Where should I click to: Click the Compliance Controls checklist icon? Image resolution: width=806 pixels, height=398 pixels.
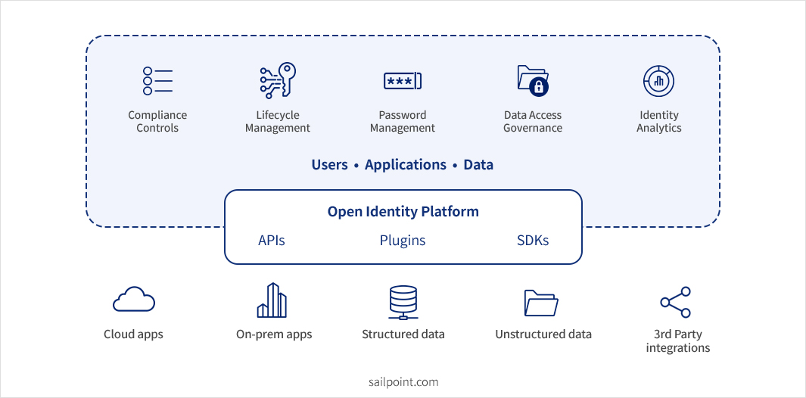(157, 81)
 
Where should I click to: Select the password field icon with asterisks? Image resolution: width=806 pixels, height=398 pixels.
(402, 81)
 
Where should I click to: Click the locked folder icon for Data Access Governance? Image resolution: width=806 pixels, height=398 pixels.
(533, 80)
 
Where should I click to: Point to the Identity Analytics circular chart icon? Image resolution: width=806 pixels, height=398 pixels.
(658, 81)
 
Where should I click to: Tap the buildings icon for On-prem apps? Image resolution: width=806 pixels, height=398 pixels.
(272, 300)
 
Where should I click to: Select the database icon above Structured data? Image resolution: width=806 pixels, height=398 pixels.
(403, 302)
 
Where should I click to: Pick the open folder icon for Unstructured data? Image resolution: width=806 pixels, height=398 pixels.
(541, 303)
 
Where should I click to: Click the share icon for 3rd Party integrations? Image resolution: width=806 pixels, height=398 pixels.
(676, 302)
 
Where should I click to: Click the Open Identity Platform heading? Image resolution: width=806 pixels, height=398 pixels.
(403, 211)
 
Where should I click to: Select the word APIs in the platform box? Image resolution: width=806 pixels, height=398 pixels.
(272, 241)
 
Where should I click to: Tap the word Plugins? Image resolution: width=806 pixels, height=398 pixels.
(403, 241)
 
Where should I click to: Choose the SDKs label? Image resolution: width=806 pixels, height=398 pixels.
(533, 241)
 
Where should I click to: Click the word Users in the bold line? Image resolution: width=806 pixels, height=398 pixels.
(330, 164)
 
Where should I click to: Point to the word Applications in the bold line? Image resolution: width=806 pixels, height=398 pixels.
(406, 164)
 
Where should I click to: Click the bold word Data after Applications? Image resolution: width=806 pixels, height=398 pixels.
(478, 164)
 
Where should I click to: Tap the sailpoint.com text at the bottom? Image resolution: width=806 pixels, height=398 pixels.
(403, 382)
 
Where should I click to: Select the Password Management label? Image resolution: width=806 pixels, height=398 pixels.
(402, 122)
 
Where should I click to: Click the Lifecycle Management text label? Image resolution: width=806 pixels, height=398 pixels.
(278, 122)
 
